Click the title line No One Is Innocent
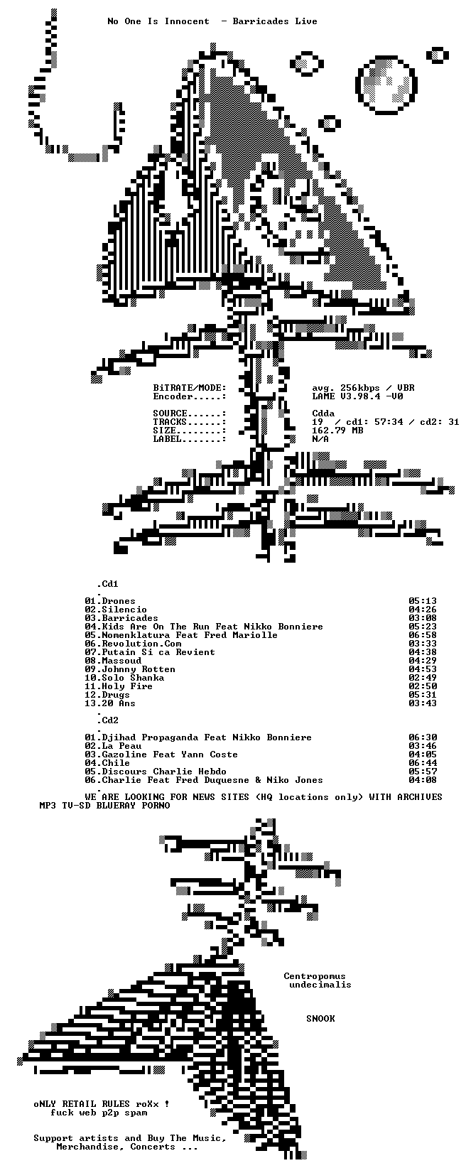click(x=158, y=21)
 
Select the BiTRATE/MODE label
click(x=190, y=388)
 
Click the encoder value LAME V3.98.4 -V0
click(x=357, y=396)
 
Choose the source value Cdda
click(x=323, y=413)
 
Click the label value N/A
click(x=320, y=439)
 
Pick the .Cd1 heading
click(x=107, y=584)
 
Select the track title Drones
click(x=119, y=601)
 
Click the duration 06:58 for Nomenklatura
click(x=423, y=635)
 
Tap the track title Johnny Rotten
click(x=139, y=669)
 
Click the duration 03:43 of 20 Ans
click(x=423, y=703)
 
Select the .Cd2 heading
click(x=107, y=720)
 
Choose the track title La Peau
click(x=121, y=746)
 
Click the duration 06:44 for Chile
click(x=423, y=763)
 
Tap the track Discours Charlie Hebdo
click(x=164, y=772)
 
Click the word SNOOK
click(x=320, y=1019)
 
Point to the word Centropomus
click(x=315, y=976)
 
